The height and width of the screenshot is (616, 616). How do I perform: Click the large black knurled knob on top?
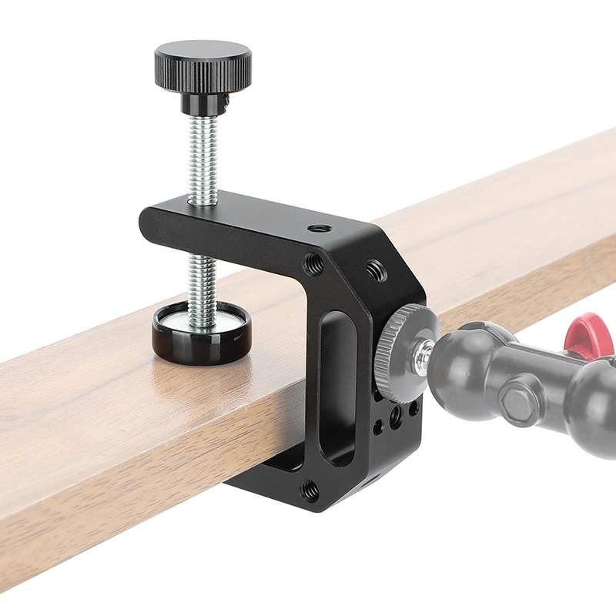[203, 65]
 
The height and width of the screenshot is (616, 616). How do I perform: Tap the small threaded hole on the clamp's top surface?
[317, 229]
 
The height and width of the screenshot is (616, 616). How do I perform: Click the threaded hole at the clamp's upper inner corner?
[313, 265]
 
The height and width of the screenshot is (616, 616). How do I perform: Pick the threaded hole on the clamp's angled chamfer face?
[376, 270]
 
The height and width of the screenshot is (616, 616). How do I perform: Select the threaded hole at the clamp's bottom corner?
[310, 488]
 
